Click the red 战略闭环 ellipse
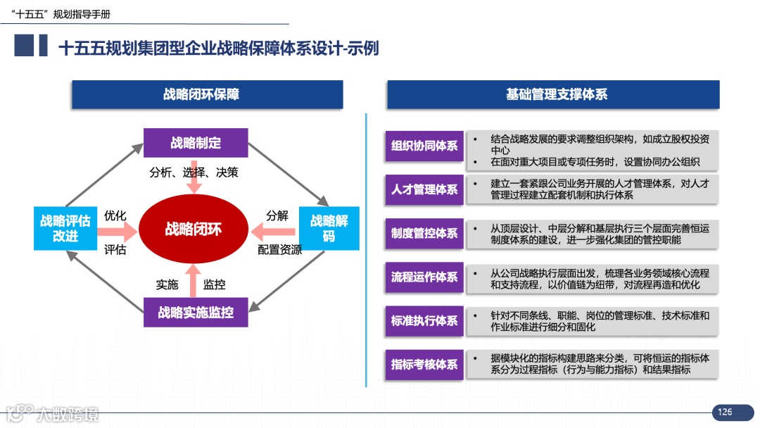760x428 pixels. click(193, 229)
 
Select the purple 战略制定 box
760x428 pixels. click(196, 143)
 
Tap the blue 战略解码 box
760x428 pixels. click(329, 228)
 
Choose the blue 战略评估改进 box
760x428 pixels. click(65, 228)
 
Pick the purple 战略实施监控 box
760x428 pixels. click(196, 312)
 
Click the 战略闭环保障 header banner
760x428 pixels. click(207, 94)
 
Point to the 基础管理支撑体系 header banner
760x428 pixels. click(553, 94)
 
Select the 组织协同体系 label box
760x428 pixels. click(424, 146)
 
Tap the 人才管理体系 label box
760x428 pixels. click(424, 189)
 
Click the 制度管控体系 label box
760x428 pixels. click(424, 234)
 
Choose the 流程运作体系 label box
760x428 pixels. click(424, 277)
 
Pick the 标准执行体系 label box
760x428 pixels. click(424, 321)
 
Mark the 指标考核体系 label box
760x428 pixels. click(424, 365)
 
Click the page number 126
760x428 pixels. click(724, 412)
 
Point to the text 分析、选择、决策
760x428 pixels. click(194, 172)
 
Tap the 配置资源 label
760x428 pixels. click(280, 249)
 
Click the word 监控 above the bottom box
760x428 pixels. click(215, 284)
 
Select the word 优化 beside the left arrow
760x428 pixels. click(115, 215)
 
